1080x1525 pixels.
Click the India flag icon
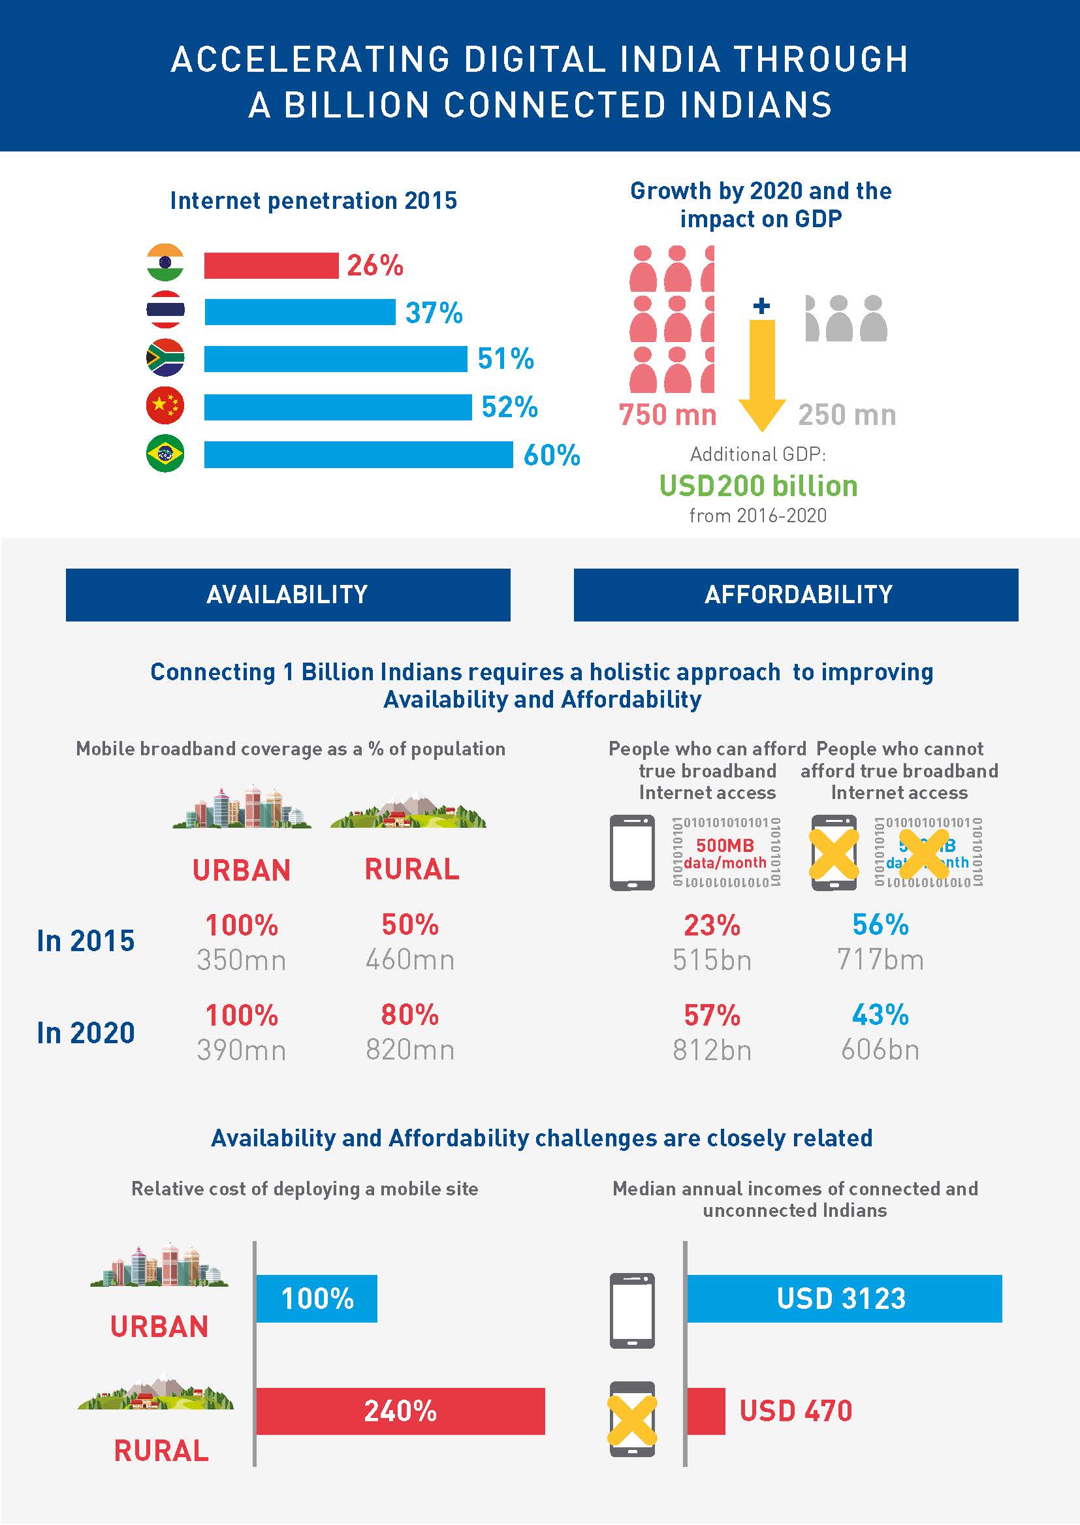point(165,263)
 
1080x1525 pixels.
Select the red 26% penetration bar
point(271,265)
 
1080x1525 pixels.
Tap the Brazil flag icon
point(165,453)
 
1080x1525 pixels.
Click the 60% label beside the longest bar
point(551,456)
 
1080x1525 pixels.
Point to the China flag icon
point(165,405)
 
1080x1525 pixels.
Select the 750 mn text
point(667,415)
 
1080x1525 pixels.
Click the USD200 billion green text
point(758,486)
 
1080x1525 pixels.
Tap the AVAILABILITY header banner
point(287,594)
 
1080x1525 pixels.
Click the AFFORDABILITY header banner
point(795,594)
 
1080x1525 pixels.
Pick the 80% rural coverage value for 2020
point(409,1015)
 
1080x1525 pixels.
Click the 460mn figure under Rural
point(409,959)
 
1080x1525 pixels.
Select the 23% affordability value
point(712,924)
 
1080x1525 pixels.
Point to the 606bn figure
point(880,1050)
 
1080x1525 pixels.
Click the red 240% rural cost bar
point(400,1411)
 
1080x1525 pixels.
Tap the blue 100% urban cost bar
point(317,1298)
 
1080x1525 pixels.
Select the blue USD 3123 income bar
point(843,1298)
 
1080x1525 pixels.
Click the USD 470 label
point(795,1411)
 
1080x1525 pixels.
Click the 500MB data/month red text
point(725,854)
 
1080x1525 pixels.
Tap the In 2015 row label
point(85,941)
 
